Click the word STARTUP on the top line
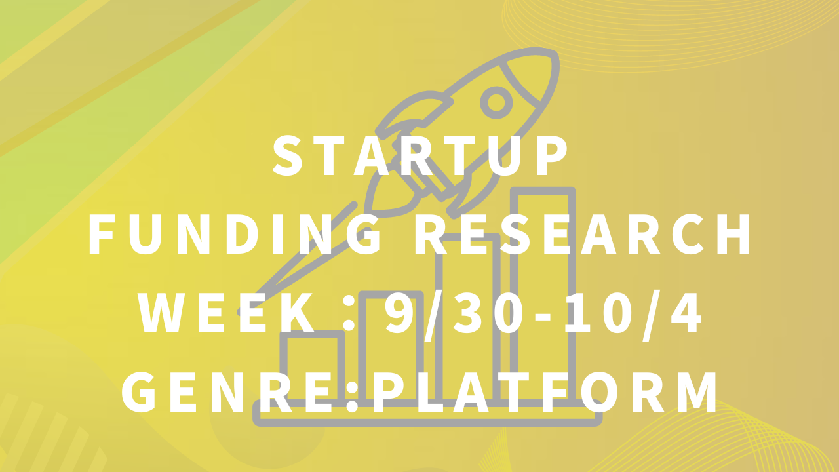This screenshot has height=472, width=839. point(420,155)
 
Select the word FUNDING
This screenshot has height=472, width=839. point(234,235)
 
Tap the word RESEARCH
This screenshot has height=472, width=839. point(583,235)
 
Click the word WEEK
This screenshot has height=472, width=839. point(227,313)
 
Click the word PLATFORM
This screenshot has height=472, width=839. point(545,392)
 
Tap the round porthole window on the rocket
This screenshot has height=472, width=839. point(496,102)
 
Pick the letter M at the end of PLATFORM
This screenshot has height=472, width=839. point(697,392)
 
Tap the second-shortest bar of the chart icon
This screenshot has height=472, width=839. point(391,346)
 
